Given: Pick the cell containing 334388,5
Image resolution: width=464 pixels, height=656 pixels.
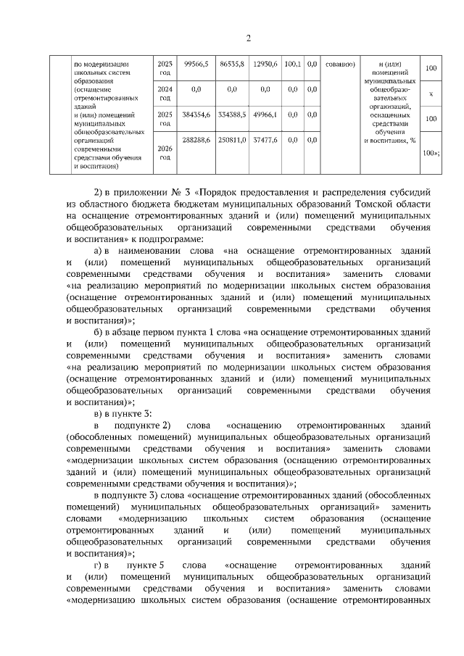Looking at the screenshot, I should click(x=232, y=114).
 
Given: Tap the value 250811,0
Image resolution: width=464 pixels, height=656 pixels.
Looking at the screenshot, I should click(x=232, y=138).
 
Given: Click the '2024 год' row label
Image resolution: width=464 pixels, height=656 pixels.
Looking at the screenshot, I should click(x=165, y=93).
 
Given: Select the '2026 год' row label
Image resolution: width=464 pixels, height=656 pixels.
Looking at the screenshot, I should click(x=165, y=151).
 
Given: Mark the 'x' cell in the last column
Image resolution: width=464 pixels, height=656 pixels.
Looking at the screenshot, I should click(x=431, y=94).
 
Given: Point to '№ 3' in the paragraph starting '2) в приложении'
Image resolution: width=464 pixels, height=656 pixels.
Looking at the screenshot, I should click(x=183, y=193).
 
